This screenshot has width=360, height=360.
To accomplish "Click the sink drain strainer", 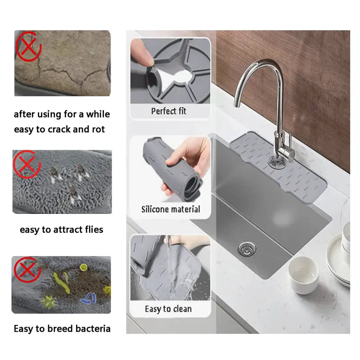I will point(245,246).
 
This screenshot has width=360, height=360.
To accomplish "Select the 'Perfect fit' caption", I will point(169,111).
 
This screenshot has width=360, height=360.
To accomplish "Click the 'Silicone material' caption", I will point(171,209).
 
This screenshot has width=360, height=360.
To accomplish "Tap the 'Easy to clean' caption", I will point(168,309).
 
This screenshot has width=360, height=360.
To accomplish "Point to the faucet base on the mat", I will point(277,158).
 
